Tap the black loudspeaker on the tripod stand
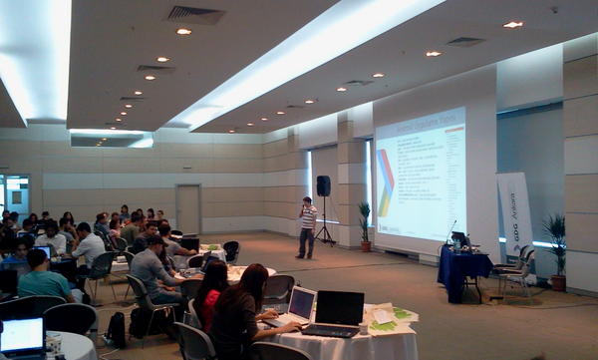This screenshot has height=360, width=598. (323, 186)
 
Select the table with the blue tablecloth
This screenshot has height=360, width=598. (462, 270)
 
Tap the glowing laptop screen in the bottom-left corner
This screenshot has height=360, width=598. (22, 336)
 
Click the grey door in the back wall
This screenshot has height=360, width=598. (188, 208)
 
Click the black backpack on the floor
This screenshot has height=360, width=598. (117, 329)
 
